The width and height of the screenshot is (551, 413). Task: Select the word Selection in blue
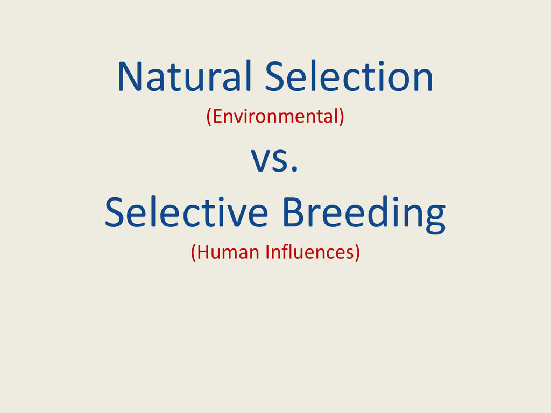pos(349,77)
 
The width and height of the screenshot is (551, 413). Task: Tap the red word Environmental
pos(275,116)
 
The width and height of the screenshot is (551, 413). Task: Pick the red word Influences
pos(309,252)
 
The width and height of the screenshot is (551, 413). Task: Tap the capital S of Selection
pos(275,77)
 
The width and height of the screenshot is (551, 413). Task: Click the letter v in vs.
pos(260,162)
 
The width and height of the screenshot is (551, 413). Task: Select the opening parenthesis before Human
pos(194,252)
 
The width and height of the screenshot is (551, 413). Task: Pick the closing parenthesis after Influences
pos(356,252)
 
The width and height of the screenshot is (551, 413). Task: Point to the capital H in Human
pos(203,252)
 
